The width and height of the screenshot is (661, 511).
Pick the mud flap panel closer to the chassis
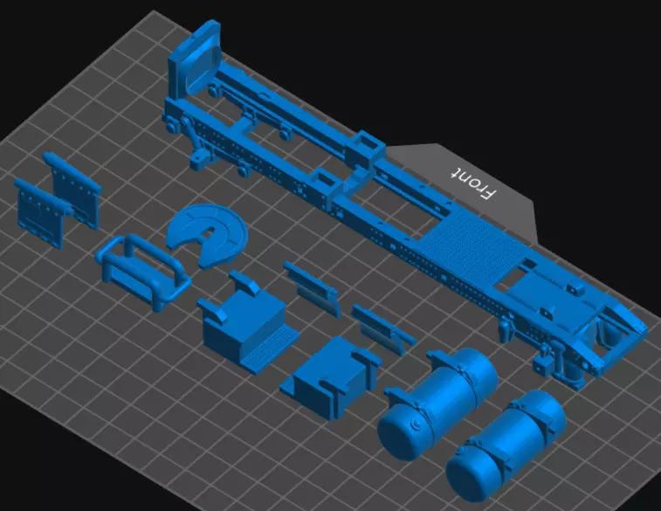(74, 188)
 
